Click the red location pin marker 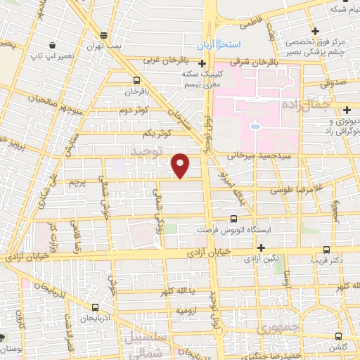click(x=181, y=165)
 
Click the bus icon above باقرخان click(x=136, y=79)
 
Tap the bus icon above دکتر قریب click(x=326, y=249)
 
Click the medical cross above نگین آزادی click(x=261, y=247)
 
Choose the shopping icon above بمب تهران click(x=104, y=35)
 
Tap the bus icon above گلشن click(x=339, y=336)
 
